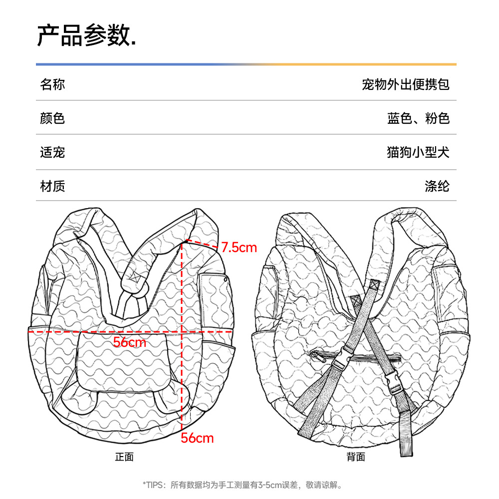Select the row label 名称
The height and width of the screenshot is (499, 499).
pyautogui.click(x=52, y=84)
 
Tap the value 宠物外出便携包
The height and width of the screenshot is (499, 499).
pyautogui.click(x=406, y=84)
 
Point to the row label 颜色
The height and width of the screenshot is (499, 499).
pyautogui.click(x=52, y=118)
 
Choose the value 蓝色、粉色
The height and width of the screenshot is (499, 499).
pyautogui.click(x=418, y=118)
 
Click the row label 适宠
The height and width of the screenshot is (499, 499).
pyautogui.click(x=52, y=152)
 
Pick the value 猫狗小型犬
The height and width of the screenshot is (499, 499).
pyautogui.click(x=418, y=152)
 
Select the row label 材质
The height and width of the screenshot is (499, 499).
pyautogui.click(x=52, y=186)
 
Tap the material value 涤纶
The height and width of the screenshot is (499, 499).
pyautogui.click(x=437, y=186)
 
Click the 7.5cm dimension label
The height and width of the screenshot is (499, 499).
pyautogui.click(x=239, y=247)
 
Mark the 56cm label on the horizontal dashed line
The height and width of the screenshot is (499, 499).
pyautogui.click(x=129, y=342)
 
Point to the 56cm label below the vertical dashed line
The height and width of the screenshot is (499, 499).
pyautogui.click(x=197, y=438)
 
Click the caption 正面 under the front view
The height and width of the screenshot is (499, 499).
pyautogui.click(x=124, y=457)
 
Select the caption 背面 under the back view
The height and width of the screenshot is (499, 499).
pyautogui.click(x=356, y=457)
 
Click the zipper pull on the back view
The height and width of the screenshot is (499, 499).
pyautogui.click(x=314, y=355)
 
